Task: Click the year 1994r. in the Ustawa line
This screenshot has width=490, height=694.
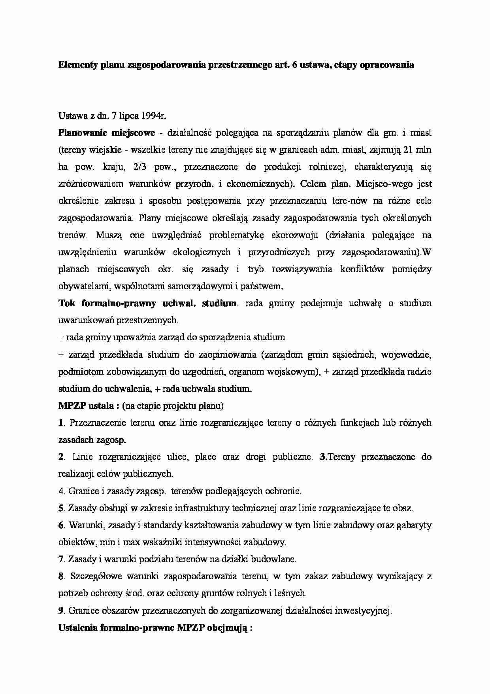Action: pyautogui.click(x=150, y=116)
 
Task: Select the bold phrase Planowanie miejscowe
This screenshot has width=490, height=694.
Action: pyautogui.click(x=107, y=133)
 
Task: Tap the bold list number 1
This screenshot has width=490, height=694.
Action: pyautogui.click(x=61, y=423)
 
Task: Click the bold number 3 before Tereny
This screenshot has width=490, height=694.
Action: pyautogui.click(x=322, y=457)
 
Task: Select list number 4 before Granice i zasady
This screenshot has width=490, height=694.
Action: pyautogui.click(x=61, y=491)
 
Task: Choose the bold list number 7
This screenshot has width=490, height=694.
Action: pyautogui.click(x=61, y=559)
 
